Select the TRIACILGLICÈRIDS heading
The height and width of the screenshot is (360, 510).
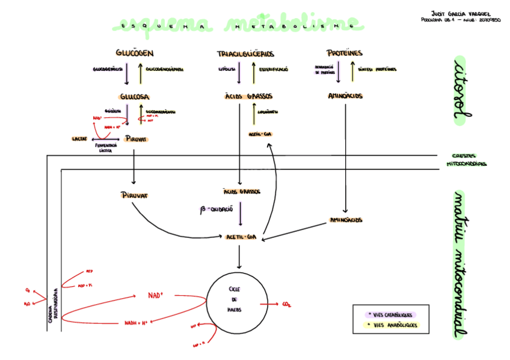coord(245,54)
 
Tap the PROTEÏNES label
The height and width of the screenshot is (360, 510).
coord(345,53)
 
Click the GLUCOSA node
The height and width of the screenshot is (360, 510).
coord(135,96)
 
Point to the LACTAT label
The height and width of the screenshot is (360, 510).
coord(80,139)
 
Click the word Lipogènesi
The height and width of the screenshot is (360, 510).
coord(267,112)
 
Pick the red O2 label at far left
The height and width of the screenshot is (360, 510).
coord(28,290)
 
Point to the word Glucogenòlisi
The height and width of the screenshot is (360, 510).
coord(108,69)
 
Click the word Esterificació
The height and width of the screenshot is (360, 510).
coord(274,69)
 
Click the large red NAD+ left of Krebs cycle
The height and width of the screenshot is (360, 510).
coord(156,295)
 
